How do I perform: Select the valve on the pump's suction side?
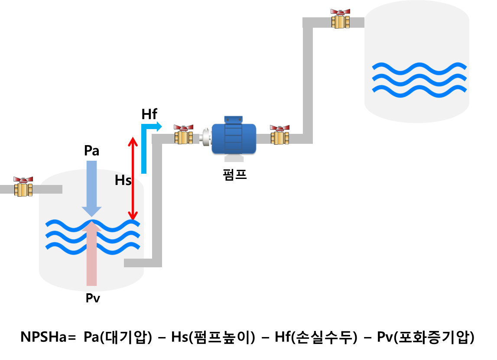coord(184,134)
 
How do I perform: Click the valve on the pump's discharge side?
coord(280,135)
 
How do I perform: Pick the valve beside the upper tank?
coord(341,19)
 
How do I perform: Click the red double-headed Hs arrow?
coord(133,178)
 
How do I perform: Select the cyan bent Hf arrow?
coord(144,147)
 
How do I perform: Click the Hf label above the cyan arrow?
coord(149,114)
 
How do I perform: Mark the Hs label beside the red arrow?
coord(123,180)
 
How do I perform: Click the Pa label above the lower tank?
coord(91,151)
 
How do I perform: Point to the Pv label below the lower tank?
coord(92,298)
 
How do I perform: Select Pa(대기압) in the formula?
coord(117,337)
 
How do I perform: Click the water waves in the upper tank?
coord(419,78)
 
